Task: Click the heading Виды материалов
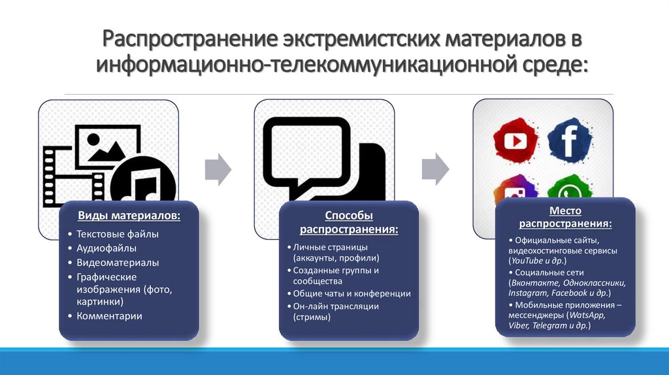point(129,216)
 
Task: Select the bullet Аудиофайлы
point(106,248)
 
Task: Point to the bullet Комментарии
point(109,316)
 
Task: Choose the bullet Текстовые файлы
point(118,234)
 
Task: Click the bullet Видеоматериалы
point(118,263)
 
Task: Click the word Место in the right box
point(565,211)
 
